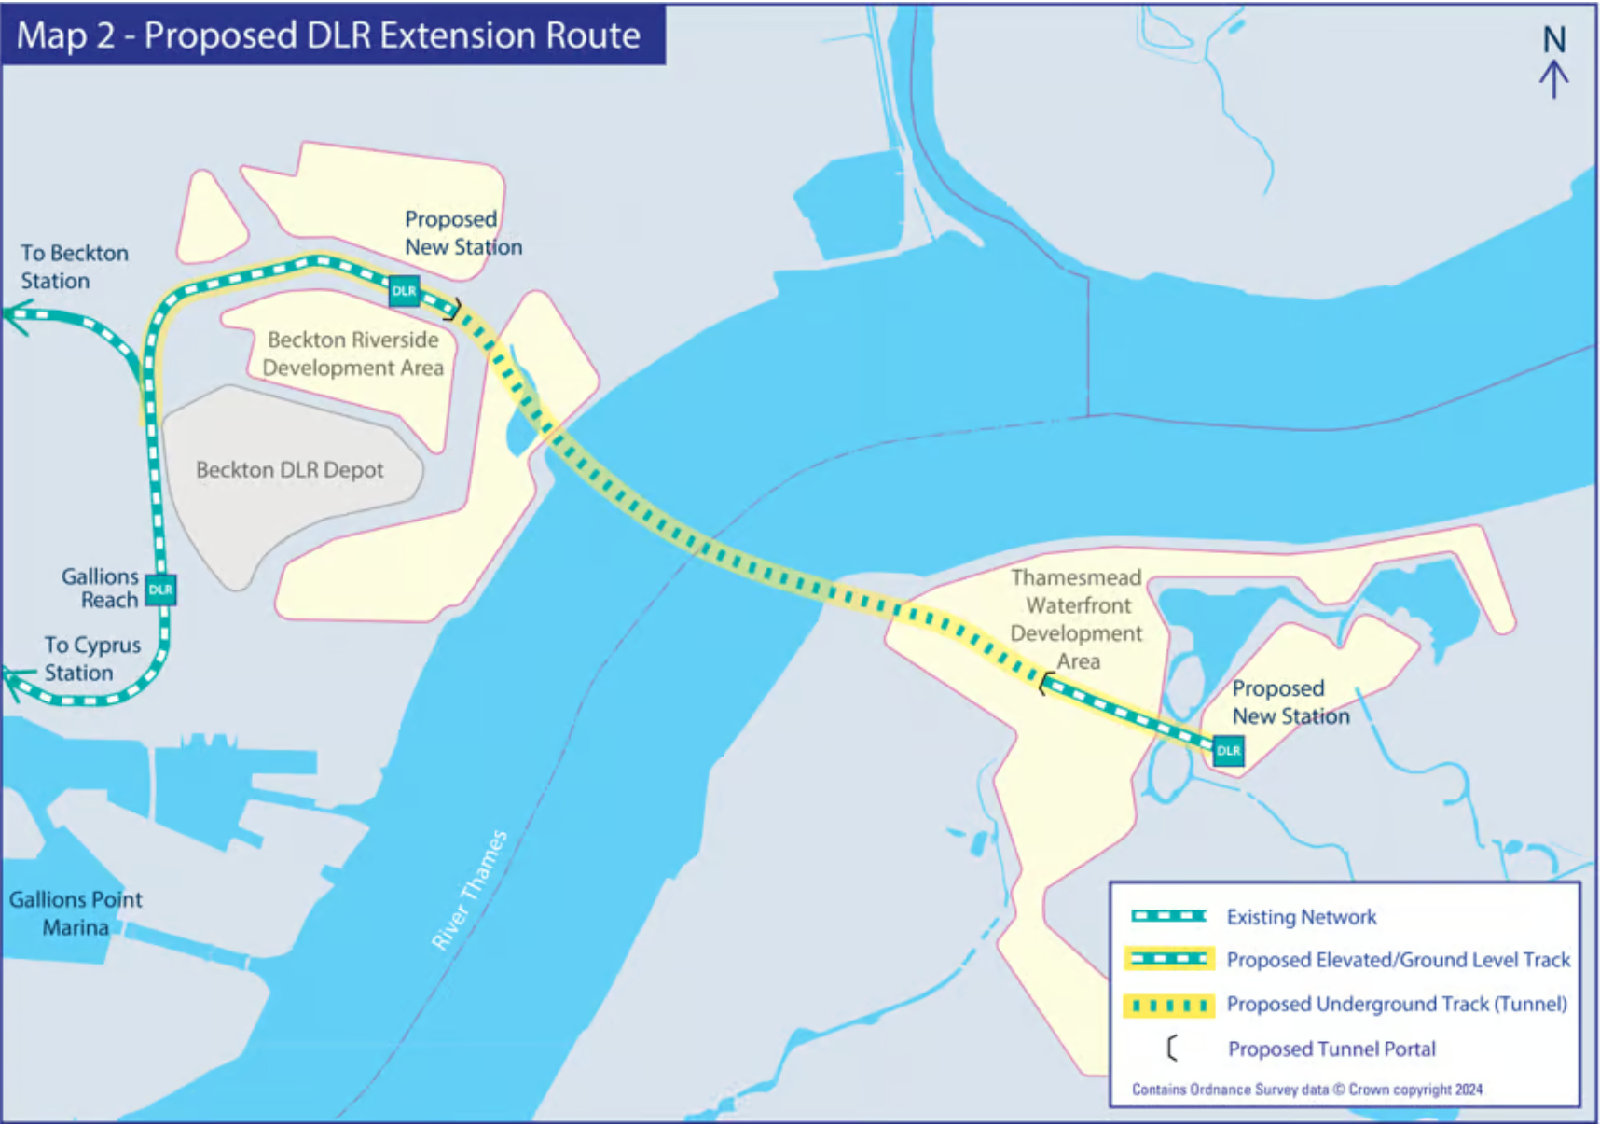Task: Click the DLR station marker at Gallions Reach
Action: coord(160,590)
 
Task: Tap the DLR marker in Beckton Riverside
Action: coord(404,291)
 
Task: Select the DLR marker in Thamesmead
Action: coord(1228,751)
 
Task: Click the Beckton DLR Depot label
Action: coord(289,470)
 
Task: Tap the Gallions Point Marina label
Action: coord(76,913)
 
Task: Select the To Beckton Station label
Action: coord(74,267)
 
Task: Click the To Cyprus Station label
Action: coord(91,659)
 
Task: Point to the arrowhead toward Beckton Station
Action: coord(17,316)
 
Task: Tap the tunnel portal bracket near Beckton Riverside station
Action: coord(454,309)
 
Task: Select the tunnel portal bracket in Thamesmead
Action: coord(1044,685)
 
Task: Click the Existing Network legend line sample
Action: coord(1168,916)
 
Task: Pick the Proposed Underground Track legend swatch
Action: coord(1168,1005)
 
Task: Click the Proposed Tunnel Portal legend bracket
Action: coord(1171,1049)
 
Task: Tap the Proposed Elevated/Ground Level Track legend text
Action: coord(1398,960)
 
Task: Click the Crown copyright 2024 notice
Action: coord(1306,1090)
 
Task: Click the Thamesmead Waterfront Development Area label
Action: coord(1076,618)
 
